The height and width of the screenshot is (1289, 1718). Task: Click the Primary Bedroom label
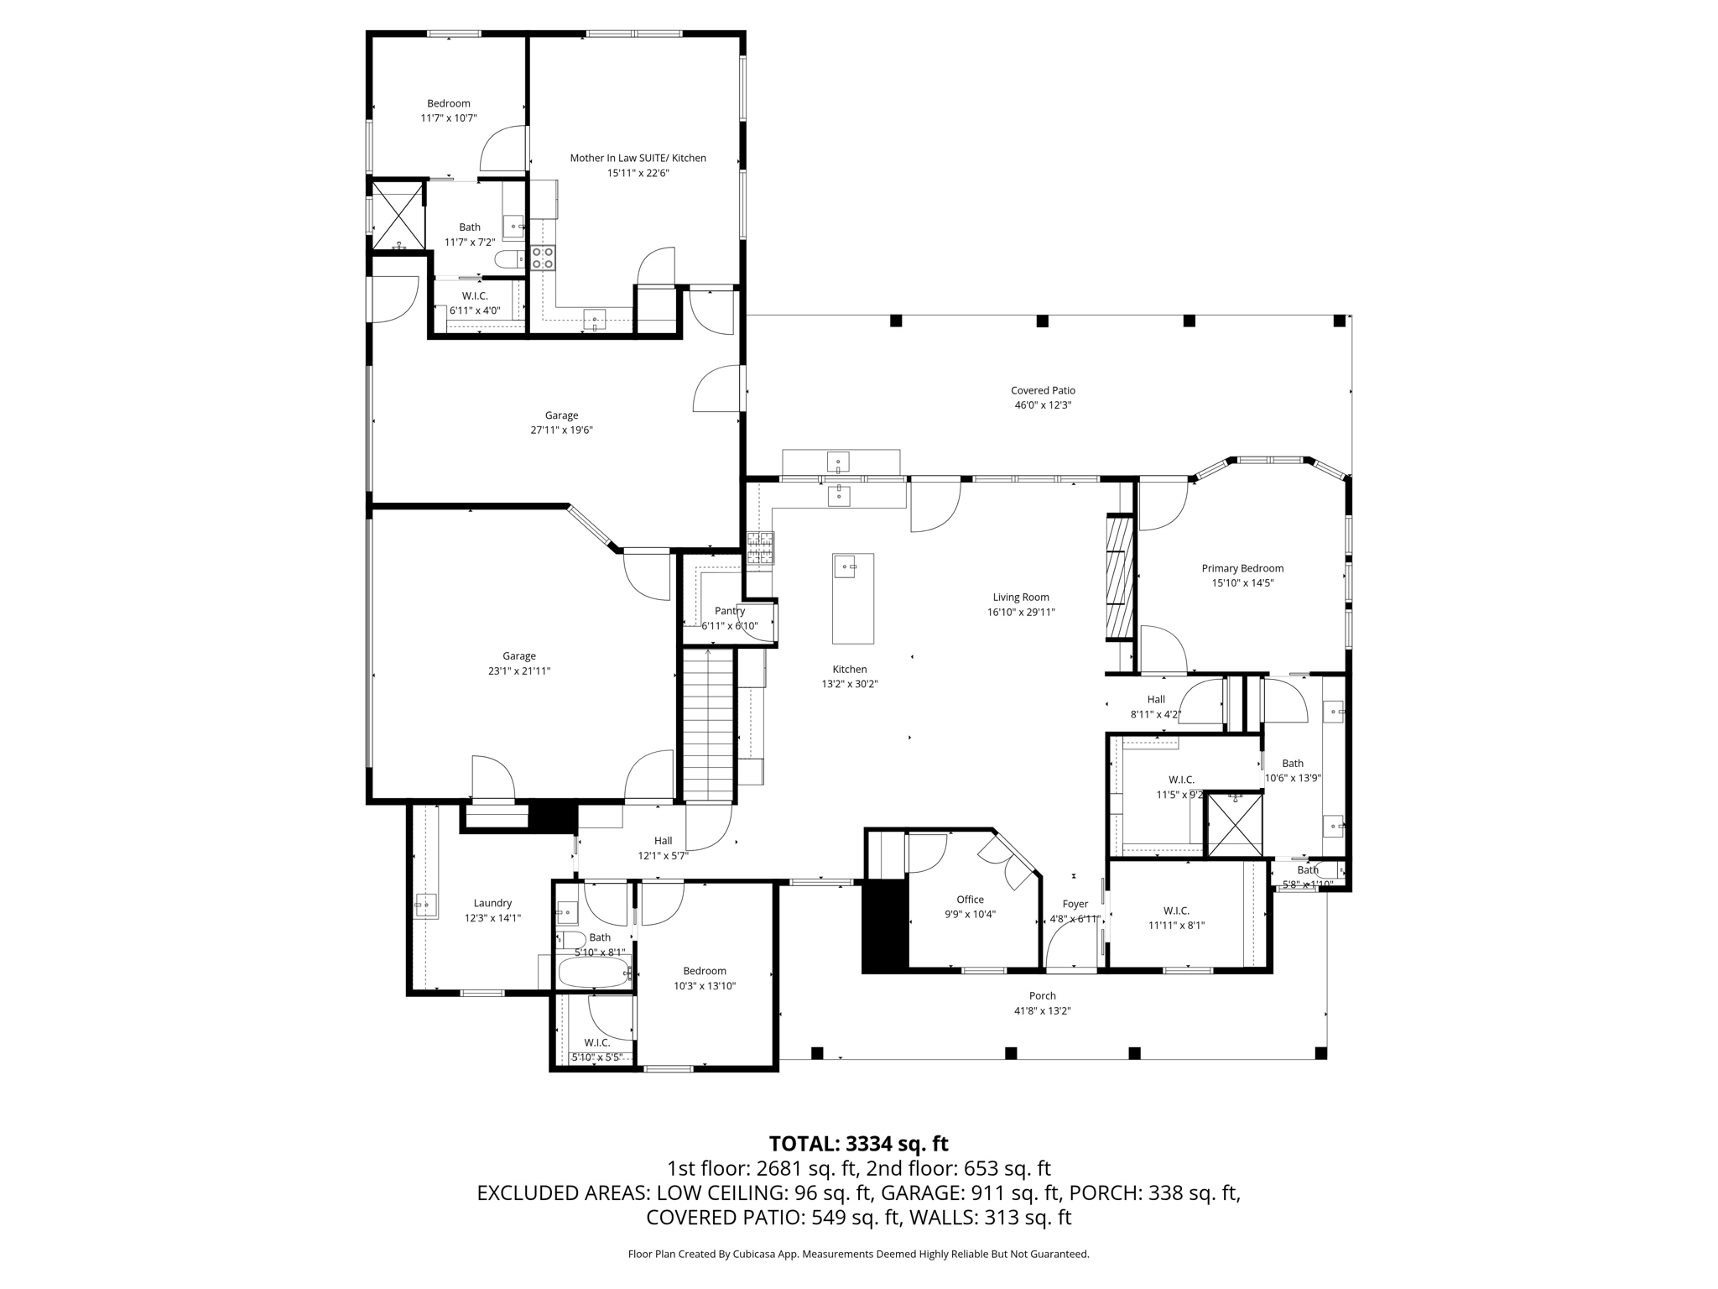(x=1242, y=568)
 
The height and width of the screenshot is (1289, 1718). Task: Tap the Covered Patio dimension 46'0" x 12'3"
(x=1043, y=405)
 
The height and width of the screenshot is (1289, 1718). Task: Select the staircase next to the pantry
(x=709, y=725)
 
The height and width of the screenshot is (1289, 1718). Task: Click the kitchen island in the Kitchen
(x=852, y=598)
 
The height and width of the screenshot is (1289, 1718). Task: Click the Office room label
(x=970, y=900)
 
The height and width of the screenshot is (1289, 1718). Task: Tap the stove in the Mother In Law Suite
(x=543, y=258)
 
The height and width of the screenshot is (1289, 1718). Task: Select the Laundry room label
(x=492, y=903)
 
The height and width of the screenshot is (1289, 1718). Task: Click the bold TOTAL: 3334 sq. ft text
(x=858, y=1144)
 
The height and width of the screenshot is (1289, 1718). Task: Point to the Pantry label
(x=730, y=611)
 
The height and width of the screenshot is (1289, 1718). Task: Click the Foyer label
(x=1075, y=904)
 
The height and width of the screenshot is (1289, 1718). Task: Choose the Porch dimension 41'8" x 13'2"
(x=1042, y=1011)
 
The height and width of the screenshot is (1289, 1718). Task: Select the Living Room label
(x=1020, y=598)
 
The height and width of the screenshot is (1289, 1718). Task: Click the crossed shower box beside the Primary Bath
(x=1234, y=825)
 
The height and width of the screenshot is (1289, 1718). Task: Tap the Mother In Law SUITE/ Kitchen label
(x=638, y=158)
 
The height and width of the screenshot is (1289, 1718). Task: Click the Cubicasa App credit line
(x=858, y=1254)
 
